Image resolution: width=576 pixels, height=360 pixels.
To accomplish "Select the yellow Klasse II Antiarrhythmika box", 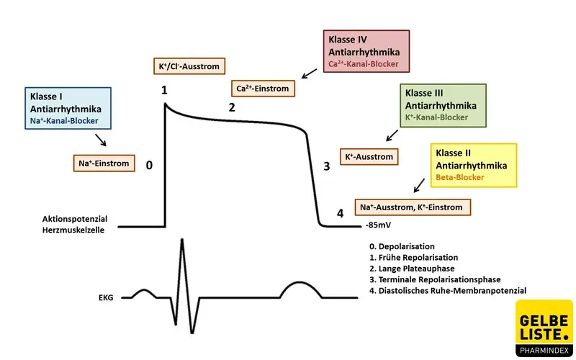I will (x=473, y=165).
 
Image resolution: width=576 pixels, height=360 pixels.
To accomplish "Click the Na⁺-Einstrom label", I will (x=104, y=163).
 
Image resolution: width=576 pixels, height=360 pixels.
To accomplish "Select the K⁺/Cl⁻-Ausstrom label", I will (x=188, y=66).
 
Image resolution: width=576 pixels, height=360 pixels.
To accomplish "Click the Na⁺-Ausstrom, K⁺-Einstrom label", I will (x=413, y=207).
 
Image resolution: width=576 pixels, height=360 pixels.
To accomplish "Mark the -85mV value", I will (x=377, y=225).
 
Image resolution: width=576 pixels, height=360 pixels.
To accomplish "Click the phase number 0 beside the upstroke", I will (x=149, y=165).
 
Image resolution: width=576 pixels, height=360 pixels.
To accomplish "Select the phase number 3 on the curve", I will (x=326, y=166).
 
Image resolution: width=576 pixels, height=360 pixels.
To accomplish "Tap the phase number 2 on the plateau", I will (x=232, y=108).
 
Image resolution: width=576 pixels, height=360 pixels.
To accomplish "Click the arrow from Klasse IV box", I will (x=309, y=72).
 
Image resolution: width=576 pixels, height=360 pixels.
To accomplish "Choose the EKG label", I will (x=107, y=296).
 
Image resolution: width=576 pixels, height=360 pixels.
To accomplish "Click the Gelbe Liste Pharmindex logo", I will (x=544, y=328).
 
